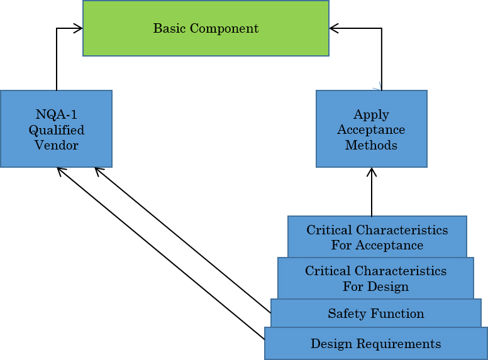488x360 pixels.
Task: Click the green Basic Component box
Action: point(206,28)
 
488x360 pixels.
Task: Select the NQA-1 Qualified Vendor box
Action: point(56,129)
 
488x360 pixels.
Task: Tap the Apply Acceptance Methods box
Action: point(371,129)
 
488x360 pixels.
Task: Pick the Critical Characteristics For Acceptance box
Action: point(377,237)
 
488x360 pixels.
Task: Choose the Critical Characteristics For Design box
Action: point(375,278)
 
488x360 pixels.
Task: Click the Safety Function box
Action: point(375,314)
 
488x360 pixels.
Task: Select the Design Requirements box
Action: point(375,344)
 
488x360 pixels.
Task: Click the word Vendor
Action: point(57,145)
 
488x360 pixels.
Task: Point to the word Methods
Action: point(371,145)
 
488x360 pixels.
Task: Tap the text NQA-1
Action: point(57,114)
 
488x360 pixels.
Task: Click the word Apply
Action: point(371,114)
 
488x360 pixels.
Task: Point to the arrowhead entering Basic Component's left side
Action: point(79,28)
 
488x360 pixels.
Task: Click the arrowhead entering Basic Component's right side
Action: point(334,28)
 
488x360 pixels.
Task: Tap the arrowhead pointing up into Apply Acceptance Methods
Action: point(372,172)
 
